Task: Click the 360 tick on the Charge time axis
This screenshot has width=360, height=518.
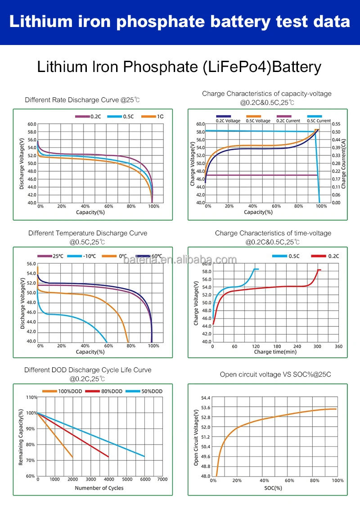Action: (338, 347)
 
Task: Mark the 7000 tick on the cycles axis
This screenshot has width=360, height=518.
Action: (163, 479)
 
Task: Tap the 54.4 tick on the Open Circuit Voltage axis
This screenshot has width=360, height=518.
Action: (205, 398)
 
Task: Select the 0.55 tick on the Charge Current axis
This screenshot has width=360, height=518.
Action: (337, 124)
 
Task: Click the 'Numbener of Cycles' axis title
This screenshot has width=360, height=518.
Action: (99, 488)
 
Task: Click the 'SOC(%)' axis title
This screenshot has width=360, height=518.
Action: (273, 488)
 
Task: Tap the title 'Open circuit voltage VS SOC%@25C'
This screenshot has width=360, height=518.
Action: (275, 374)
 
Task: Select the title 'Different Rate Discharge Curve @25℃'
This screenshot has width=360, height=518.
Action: (82, 100)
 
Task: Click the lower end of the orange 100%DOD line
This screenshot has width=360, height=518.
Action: (72, 458)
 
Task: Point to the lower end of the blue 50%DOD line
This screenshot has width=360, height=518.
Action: (144, 456)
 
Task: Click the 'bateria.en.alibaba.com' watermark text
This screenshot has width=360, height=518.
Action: (180, 260)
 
